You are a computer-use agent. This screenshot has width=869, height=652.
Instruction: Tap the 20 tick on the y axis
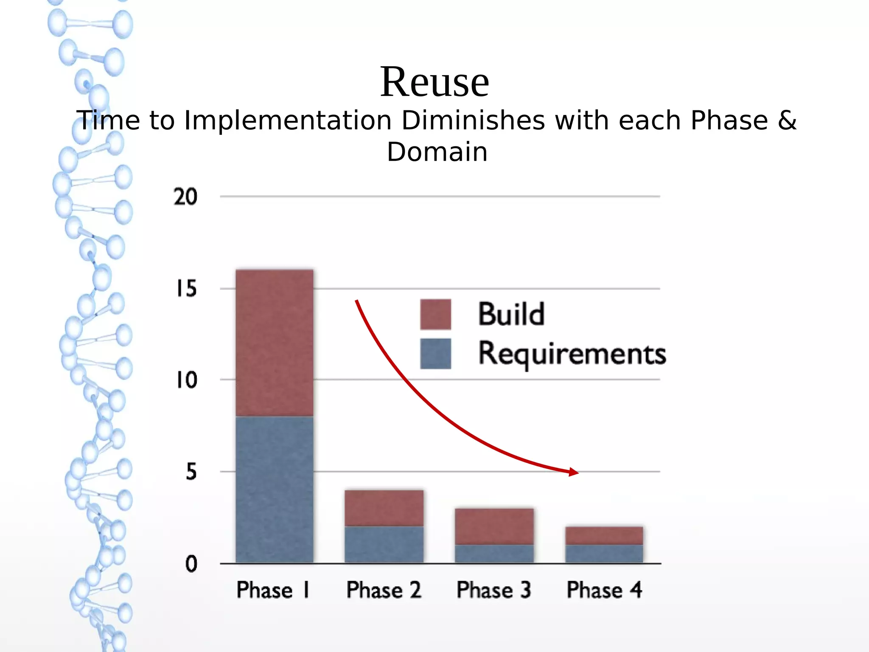click(x=185, y=197)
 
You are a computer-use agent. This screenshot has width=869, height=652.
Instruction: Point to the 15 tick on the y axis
click(x=187, y=289)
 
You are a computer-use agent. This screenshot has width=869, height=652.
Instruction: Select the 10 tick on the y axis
click(x=187, y=380)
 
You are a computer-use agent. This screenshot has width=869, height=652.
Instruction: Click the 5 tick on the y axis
click(x=191, y=472)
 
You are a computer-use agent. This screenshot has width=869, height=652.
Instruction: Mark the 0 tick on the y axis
click(x=191, y=564)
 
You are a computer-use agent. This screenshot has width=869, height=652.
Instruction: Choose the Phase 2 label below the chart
click(x=384, y=590)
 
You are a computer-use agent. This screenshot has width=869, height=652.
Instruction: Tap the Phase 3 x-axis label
click(x=494, y=590)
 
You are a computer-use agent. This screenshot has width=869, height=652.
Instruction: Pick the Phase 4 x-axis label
click(x=604, y=590)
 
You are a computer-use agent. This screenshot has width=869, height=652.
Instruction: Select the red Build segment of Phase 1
click(x=275, y=343)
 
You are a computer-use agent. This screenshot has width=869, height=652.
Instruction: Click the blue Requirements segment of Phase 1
click(x=275, y=490)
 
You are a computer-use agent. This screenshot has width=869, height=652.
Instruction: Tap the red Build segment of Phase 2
click(x=384, y=508)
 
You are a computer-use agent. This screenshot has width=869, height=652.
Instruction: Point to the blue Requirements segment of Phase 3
click(x=494, y=554)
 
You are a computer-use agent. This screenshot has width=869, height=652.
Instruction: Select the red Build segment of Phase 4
click(x=604, y=536)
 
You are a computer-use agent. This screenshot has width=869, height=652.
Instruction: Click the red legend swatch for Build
click(x=435, y=314)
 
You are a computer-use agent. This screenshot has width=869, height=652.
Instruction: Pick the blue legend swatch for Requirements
click(x=435, y=353)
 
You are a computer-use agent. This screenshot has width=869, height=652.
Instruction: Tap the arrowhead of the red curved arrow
click(x=574, y=472)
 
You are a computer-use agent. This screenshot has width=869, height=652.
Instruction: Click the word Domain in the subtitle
click(x=437, y=152)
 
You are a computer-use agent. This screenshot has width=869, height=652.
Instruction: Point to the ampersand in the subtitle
click(x=787, y=120)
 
